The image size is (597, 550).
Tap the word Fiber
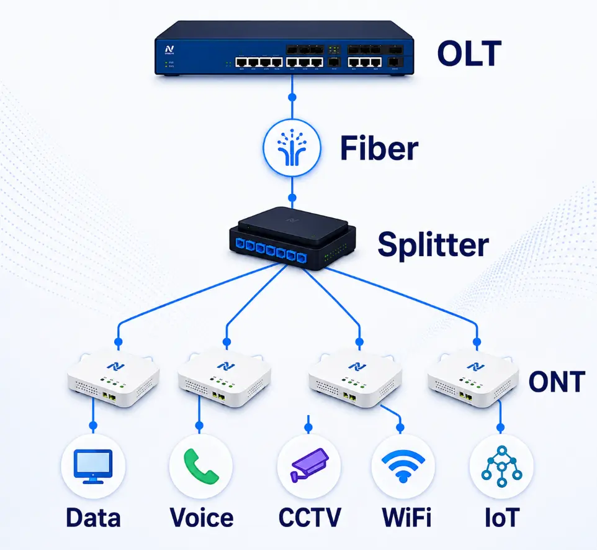[x=379, y=148]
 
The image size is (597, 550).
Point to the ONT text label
[x=557, y=382]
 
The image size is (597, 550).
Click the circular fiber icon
[x=292, y=148]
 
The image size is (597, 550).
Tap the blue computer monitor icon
[x=93, y=467]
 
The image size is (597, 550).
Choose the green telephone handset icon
[x=201, y=466]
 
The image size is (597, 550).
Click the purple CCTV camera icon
[x=309, y=465]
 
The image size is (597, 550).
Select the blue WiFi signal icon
[x=403, y=466]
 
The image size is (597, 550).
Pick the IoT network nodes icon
[x=501, y=466]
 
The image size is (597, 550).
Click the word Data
[x=93, y=518]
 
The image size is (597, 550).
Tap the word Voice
[x=202, y=518]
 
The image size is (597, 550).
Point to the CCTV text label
[x=310, y=518]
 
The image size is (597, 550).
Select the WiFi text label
[x=406, y=518]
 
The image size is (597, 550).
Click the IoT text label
[x=502, y=518]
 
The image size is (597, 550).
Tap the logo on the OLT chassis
[x=169, y=50]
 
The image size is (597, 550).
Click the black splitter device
[x=292, y=239]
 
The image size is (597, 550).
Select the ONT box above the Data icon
[x=114, y=381]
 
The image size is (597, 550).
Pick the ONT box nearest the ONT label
[x=474, y=381]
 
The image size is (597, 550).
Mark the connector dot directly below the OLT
[x=292, y=98]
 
